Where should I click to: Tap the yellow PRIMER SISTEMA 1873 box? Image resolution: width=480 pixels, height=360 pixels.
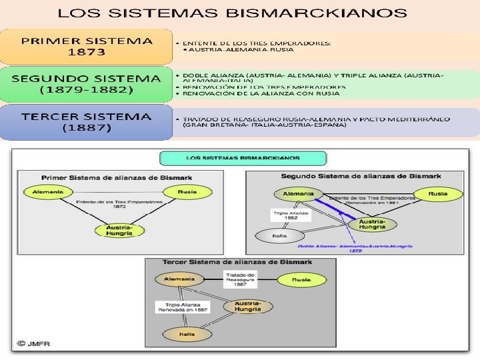coord(87,46)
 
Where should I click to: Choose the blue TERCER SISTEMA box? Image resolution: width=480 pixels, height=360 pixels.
coord(87,121)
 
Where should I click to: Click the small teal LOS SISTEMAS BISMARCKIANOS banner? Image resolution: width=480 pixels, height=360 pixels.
coord(243,159)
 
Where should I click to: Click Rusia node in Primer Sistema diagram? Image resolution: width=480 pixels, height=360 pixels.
coord(187,192)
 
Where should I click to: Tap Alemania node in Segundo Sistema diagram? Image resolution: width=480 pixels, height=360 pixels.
coord(298,194)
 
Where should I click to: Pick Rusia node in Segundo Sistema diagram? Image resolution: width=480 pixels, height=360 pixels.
coord(437,194)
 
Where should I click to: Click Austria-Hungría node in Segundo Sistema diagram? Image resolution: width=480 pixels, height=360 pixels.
coord(372,224)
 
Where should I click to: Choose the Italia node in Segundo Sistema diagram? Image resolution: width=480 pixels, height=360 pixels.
coord(279,236)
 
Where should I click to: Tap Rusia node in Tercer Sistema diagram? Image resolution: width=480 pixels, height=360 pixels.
coord(303,280)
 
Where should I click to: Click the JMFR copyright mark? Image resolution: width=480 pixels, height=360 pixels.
coord(35,344)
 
